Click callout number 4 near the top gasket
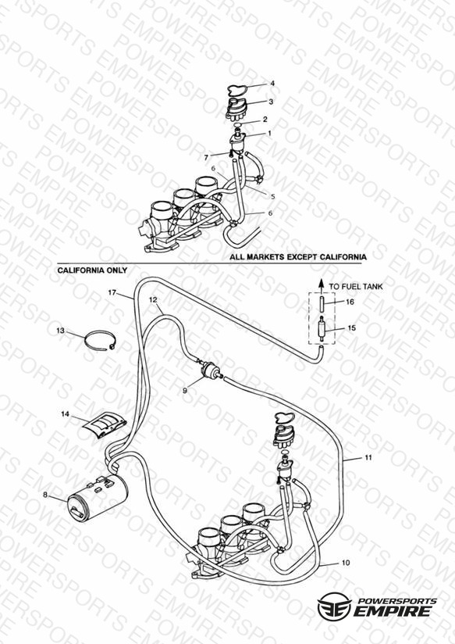pyautogui.click(x=272, y=84)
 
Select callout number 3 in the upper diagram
pyautogui.click(x=271, y=102)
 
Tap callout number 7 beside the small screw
pyautogui.click(x=206, y=157)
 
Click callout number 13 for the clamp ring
pyautogui.click(x=60, y=331)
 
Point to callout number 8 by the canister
pyautogui.click(x=45, y=495)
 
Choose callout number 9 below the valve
pyautogui.click(x=185, y=391)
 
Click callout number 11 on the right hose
pyautogui.click(x=368, y=457)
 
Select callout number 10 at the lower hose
pyautogui.click(x=346, y=562)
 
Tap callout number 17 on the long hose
pyautogui.click(x=112, y=292)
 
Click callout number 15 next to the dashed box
pyautogui.click(x=352, y=327)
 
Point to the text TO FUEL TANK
pyautogui.click(x=356, y=286)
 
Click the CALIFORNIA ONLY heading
pyautogui.click(x=92, y=270)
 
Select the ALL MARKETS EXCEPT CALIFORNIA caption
pyautogui.click(x=298, y=257)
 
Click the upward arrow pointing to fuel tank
pyautogui.click(x=322, y=284)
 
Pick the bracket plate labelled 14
pyautogui.click(x=103, y=424)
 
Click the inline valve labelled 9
pyautogui.click(x=210, y=368)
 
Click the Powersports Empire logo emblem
pyautogui.click(x=335, y=606)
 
